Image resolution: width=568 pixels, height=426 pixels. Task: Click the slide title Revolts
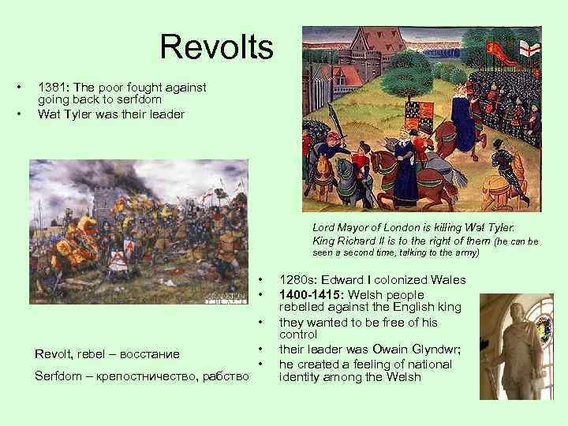click(216, 47)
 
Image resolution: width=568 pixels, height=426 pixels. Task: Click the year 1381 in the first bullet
click(51, 88)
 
